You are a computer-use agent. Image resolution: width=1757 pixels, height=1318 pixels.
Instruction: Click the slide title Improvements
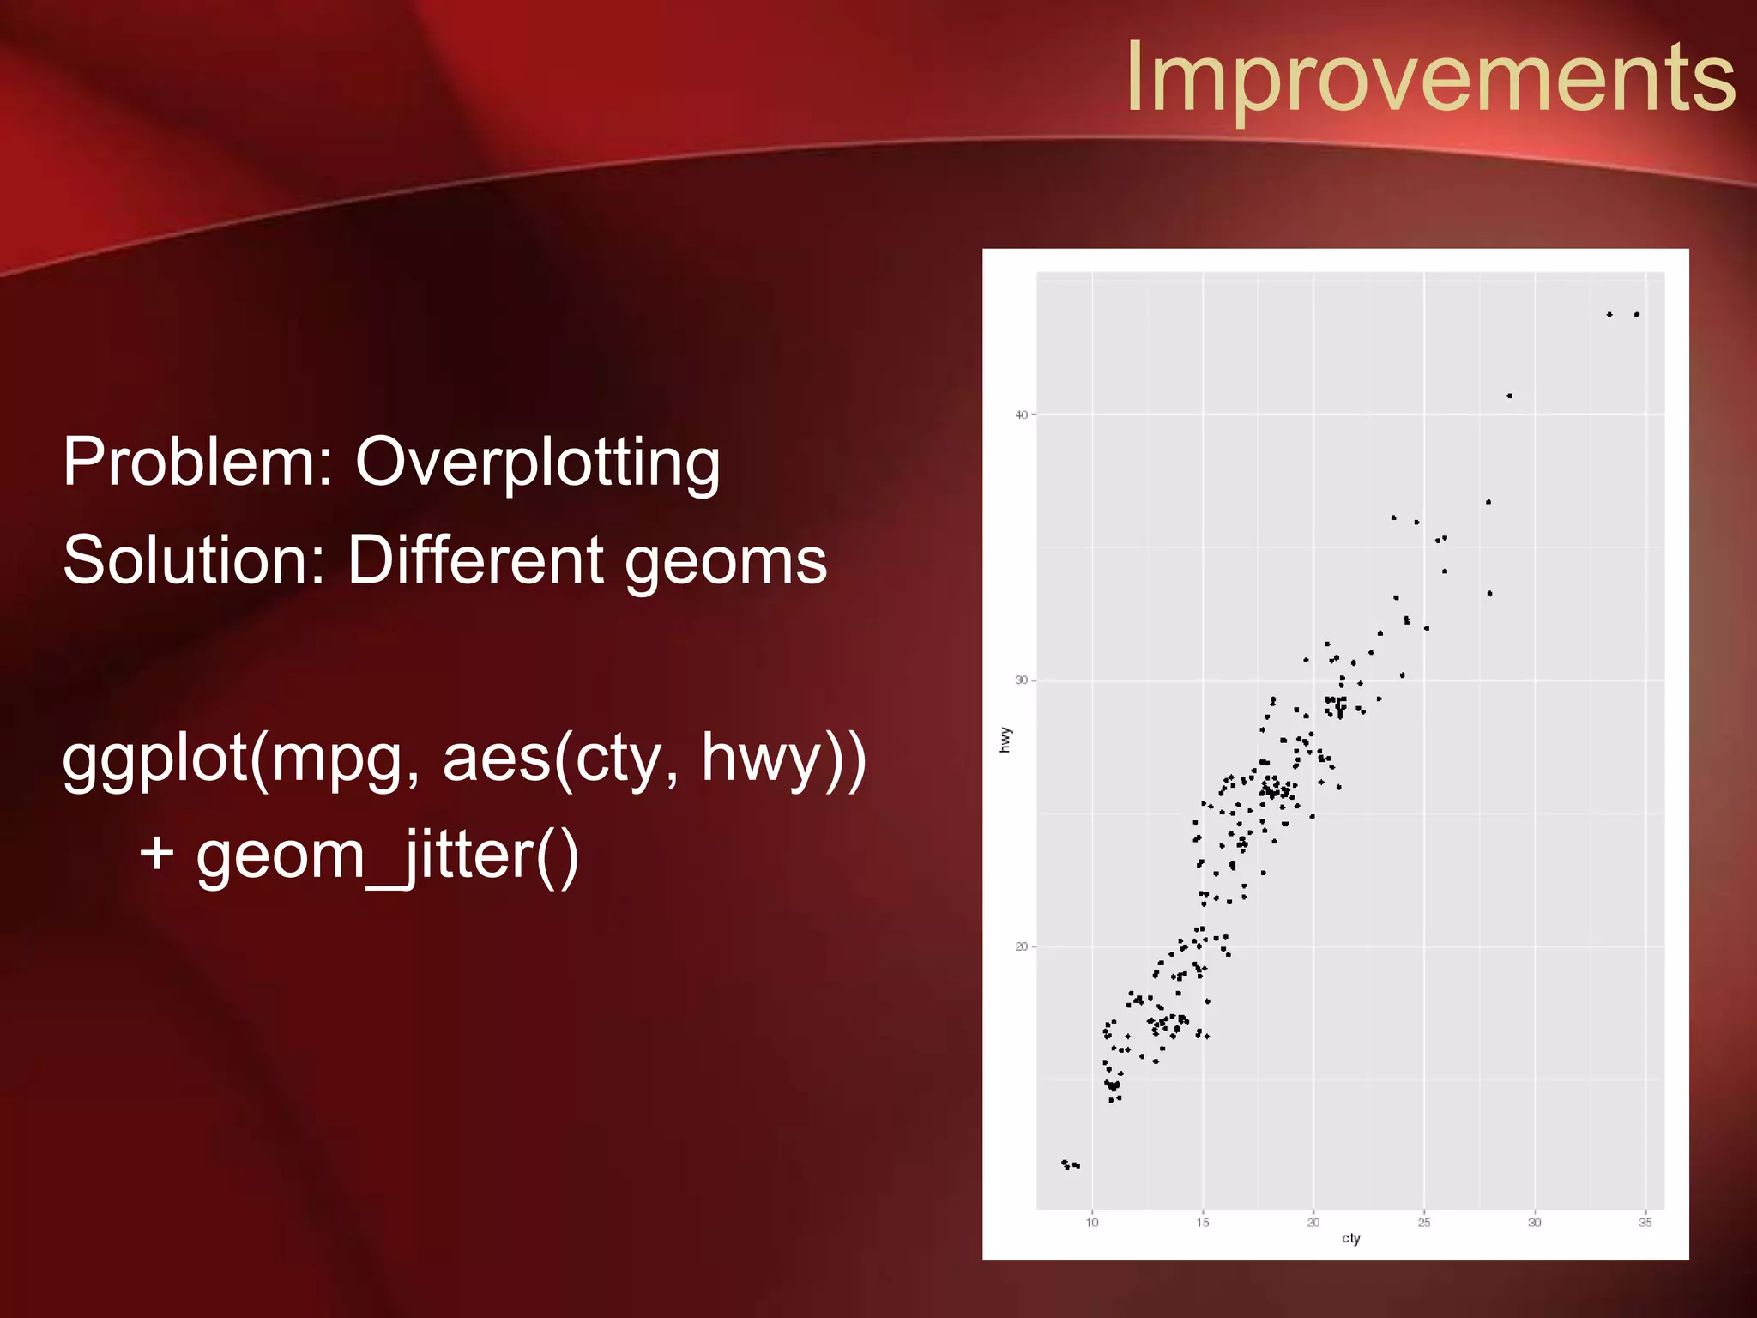click(1430, 77)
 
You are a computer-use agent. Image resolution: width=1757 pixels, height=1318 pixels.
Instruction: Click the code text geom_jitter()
click(388, 856)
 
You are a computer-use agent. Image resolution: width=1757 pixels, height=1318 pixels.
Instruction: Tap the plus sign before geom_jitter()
click(157, 855)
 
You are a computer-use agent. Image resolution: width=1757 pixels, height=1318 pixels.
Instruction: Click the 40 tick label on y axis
click(1021, 415)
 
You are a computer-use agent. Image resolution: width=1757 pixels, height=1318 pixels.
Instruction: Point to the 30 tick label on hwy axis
click(1021, 680)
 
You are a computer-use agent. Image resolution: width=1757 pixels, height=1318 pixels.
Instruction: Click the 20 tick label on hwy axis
click(1021, 947)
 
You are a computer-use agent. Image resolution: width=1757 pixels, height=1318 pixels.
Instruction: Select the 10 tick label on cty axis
click(1092, 1223)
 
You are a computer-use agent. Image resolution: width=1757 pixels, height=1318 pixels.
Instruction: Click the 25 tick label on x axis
click(1424, 1223)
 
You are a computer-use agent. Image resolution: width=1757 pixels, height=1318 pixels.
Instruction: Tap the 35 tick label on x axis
click(1645, 1223)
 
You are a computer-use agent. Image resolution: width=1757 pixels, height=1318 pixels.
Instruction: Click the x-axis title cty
click(1350, 1239)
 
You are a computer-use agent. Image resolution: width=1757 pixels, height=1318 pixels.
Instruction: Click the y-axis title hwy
click(1005, 740)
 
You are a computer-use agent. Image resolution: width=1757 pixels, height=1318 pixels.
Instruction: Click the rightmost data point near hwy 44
click(1637, 315)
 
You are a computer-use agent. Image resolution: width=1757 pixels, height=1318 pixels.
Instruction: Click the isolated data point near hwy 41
click(1509, 396)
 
